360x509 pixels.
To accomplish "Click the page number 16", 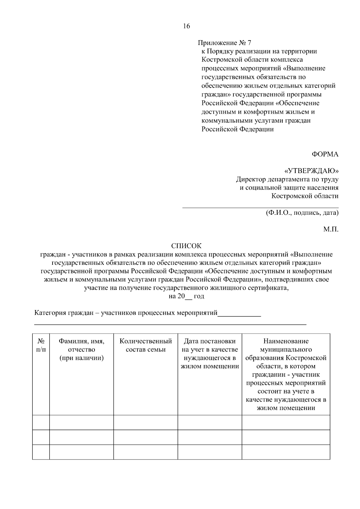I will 186,26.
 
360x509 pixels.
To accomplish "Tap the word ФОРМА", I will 325,154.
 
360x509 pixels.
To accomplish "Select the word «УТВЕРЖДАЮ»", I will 311,171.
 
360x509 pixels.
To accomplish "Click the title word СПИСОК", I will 186,246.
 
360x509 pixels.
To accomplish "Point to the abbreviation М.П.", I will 331,229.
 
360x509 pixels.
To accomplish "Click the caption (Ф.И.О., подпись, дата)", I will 302,213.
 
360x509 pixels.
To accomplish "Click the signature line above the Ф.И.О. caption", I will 260,207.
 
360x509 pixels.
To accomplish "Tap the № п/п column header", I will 41,345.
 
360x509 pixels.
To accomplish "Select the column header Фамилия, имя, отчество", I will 82,349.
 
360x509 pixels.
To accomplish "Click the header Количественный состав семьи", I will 146,345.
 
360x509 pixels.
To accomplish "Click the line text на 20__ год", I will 186,296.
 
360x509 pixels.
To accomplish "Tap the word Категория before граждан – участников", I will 49,313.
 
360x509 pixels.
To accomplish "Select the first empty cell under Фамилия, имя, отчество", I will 82,422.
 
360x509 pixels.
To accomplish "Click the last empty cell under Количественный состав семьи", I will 146,452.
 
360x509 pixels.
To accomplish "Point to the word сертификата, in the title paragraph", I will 268,288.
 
